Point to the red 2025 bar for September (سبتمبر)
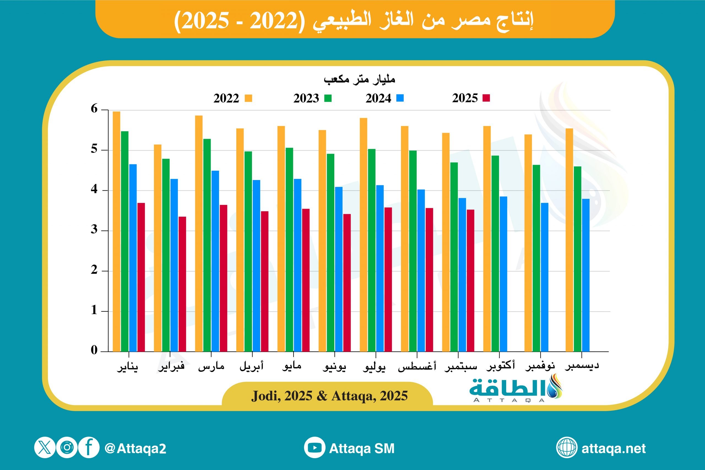(x=470, y=280)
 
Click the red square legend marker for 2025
(x=486, y=98)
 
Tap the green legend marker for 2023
(x=328, y=98)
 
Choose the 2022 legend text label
(x=226, y=98)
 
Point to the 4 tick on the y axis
(x=94, y=189)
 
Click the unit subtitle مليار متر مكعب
(x=359, y=79)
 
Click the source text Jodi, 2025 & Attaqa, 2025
(x=329, y=396)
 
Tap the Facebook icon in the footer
(x=89, y=448)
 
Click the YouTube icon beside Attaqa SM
(x=314, y=448)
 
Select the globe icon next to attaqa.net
(x=566, y=448)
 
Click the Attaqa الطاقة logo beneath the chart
(x=516, y=389)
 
